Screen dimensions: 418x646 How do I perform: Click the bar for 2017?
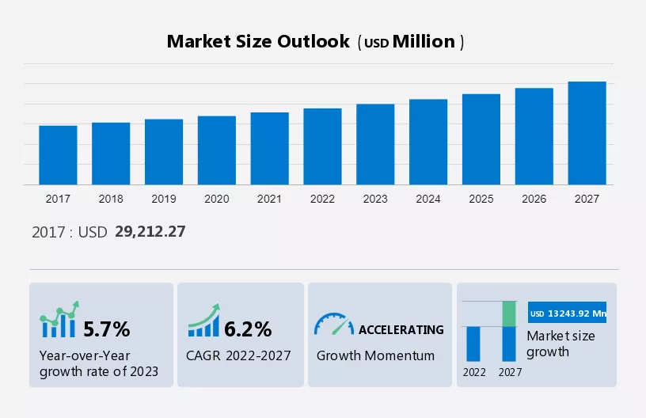(58, 155)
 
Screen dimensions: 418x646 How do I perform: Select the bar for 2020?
(217, 150)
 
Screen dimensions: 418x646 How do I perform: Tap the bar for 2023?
(375, 144)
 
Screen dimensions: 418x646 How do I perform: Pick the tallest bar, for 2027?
(587, 133)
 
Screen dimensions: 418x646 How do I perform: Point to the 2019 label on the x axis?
(164, 199)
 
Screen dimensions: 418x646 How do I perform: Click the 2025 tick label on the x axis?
(481, 199)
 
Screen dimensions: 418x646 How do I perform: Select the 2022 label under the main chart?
(322, 199)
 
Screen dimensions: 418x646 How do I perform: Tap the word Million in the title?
(424, 42)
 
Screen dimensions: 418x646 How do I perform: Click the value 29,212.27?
(150, 232)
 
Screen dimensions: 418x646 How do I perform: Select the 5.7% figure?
(106, 329)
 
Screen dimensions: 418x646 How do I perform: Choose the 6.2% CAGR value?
(248, 329)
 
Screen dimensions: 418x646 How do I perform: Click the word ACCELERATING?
(401, 329)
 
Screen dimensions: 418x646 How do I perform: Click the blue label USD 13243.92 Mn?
(568, 313)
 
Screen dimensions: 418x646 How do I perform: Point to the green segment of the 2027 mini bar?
(511, 313)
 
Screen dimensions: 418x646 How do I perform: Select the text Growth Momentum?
(375, 355)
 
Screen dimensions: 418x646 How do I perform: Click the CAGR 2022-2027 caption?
(238, 355)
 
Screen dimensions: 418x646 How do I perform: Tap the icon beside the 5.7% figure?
(59, 320)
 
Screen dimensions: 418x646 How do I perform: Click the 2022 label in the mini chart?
(474, 371)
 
